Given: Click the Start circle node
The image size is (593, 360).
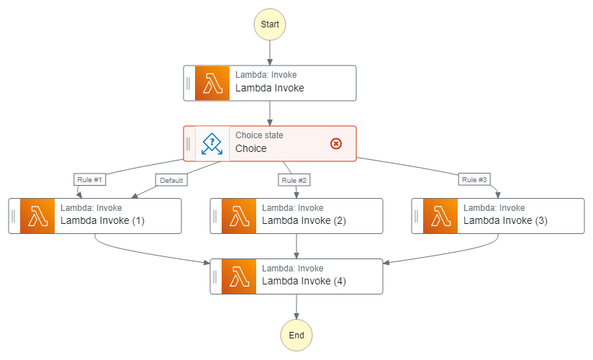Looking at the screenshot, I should [x=270, y=24].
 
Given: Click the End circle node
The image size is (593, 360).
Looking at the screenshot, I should [x=296, y=336].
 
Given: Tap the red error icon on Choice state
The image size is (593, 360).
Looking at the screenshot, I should [x=336, y=143].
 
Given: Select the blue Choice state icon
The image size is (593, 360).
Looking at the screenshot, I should [x=212, y=143].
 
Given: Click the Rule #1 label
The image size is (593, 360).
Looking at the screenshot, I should [x=89, y=179].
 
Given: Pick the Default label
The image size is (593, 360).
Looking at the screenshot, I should [x=171, y=180].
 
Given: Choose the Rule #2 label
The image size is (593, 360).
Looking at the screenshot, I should [x=294, y=179].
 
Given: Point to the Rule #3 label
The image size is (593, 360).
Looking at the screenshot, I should [x=475, y=179].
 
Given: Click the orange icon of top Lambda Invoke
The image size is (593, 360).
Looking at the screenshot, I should [x=212, y=83].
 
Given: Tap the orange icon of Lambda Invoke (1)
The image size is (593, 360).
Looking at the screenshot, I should [x=37, y=216].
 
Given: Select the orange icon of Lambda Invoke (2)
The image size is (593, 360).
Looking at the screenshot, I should [x=239, y=216].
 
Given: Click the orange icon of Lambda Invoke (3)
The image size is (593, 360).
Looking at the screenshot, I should [x=440, y=216].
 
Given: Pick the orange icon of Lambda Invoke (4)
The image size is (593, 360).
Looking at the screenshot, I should [x=239, y=276].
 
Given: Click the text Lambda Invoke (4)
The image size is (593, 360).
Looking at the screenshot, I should [x=304, y=282].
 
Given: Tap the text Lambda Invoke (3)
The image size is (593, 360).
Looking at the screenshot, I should [x=505, y=221].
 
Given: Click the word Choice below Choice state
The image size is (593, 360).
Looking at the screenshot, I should [x=251, y=149].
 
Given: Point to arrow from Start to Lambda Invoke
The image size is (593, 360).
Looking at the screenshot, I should [x=270, y=53].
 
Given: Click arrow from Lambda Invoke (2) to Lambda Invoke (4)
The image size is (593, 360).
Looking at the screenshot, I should [x=296, y=246].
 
